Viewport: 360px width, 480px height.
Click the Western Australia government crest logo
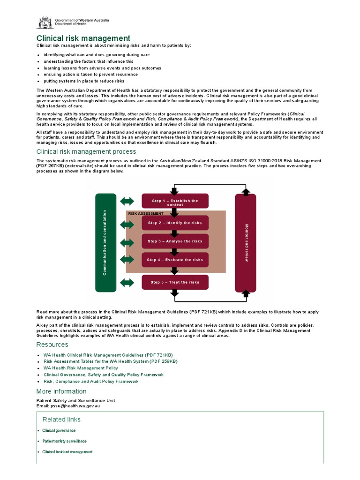[x=45, y=22]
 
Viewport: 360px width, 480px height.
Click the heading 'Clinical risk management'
[x=83, y=38]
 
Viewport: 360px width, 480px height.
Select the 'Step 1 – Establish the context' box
[x=175, y=202]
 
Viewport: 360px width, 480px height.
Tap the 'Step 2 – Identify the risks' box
[x=175, y=223]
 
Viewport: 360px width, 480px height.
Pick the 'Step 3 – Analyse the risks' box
[x=175, y=241]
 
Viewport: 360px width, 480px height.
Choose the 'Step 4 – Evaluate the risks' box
[x=175, y=260]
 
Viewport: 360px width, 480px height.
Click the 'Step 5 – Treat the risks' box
[x=175, y=282]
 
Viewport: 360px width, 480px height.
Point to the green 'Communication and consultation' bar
[x=105, y=242]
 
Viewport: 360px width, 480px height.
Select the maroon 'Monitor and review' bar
[x=246, y=242]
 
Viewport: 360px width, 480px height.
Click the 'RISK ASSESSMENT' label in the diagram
[x=146, y=213]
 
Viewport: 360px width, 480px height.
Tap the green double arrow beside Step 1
[x=127, y=201]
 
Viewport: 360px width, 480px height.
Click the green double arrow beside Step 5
[x=127, y=283]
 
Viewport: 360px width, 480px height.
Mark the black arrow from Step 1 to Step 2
[x=174, y=213]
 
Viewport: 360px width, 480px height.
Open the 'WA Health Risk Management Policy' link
[x=81, y=368]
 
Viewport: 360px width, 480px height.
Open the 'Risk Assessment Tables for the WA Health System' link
[x=111, y=361]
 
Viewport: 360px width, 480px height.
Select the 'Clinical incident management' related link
[x=67, y=452]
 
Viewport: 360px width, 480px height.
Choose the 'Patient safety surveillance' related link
[x=64, y=441]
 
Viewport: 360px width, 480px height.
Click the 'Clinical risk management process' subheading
[x=86, y=151]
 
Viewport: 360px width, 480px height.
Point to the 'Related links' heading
[x=61, y=419]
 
